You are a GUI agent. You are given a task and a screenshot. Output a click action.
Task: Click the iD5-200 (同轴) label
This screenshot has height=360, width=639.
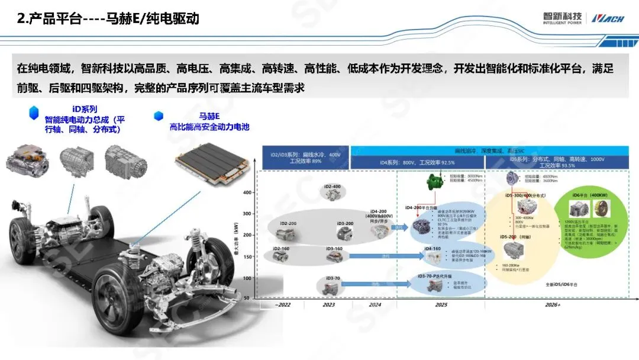[512, 237]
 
